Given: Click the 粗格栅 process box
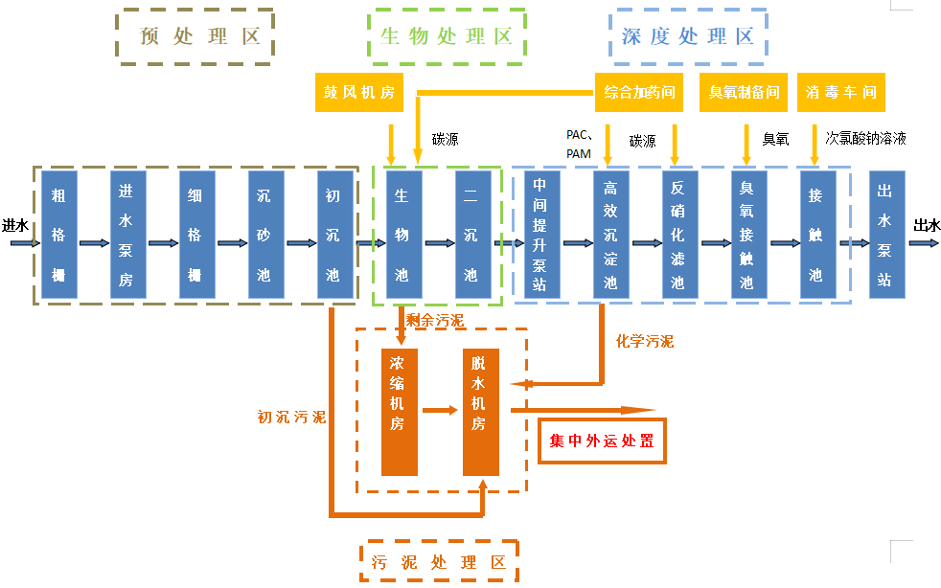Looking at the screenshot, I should click(x=59, y=235).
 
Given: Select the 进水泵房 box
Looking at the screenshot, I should click(x=127, y=235).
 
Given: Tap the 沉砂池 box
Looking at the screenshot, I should click(x=264, y=235).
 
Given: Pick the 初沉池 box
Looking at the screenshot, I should click(x=333, y=235).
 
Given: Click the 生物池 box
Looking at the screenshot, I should click(x=403, y=235).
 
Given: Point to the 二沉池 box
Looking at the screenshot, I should click(x=472, y=235).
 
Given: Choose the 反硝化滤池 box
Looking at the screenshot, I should click(x=679, y=235).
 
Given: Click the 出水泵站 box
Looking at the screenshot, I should click(x=886, y=235).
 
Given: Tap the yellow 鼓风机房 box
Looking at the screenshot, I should click(x=359, y=92).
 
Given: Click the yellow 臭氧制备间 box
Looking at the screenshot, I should click(x=744, y=92).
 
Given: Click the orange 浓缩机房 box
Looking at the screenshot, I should click(x=400, y=413).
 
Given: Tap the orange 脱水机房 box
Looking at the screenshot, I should click(x=480, y=413).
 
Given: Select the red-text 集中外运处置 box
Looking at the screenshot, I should click(x=602, y=442).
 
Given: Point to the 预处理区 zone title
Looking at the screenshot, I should click(x=195, y=37).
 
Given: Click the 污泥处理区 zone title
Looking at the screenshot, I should click(x=439, y=562).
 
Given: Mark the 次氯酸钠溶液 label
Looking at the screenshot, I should click(x=866, y=139).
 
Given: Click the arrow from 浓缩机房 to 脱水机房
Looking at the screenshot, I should click(x=440, y=411).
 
